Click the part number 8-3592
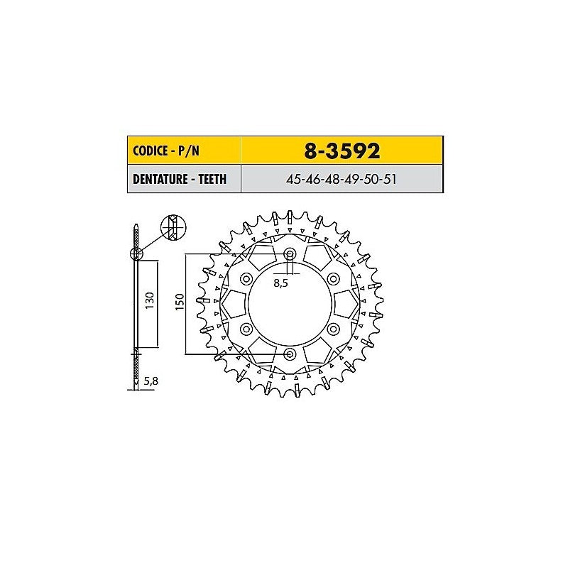pyautogui.click(x=342, y=151)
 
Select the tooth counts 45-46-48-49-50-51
pyautogui.click(x=341, y=180)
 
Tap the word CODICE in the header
pyautogui.click(x=149, y=151)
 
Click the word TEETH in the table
pyautogui.click(x=212, y=179)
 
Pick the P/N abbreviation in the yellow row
pyautogui.click(x=189, y=151)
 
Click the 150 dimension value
pyautogui.click(x=180, y=302)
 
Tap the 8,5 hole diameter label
pyautogui.click(x=280, y=283)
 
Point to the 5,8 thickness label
pyautogui.click(x=151, y=381)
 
